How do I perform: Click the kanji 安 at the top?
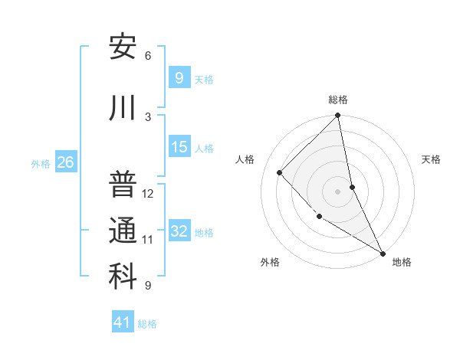point(122,48)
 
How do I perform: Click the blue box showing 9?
point(179,78)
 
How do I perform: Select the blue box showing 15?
point(179,147)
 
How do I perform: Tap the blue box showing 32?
point(179,231)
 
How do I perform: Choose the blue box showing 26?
point(65,162)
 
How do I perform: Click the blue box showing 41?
point(123,322)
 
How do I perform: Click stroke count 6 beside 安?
point(147,56)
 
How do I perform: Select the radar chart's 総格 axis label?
point(338,100)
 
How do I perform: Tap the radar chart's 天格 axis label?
point(431,159)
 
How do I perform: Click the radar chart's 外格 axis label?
point(270,262)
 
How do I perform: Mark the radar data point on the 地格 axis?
point(382,253)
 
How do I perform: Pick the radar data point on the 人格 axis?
point(280,172)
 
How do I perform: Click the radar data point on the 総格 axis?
point(338,116)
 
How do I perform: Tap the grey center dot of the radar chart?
point(338,191)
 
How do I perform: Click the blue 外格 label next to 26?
point(41,163)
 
